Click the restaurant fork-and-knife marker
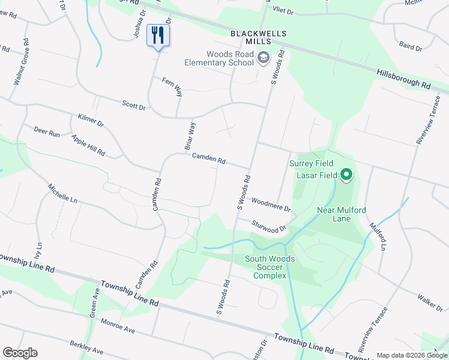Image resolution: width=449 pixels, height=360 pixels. click(x=158, y=35)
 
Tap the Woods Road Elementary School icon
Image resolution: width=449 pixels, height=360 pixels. click(x=263, y=58)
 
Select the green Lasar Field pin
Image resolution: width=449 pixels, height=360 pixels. click(x=346, y=175)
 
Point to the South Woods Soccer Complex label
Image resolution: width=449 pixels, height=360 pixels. click(x=270, y=267)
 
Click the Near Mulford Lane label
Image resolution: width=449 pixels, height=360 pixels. click(x=342, y=214)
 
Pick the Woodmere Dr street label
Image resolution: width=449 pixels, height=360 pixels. click(x=271, y=205)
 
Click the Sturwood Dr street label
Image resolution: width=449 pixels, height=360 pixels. click(x=269, y=226)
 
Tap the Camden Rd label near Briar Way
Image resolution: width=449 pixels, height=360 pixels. click(x=208, y=159)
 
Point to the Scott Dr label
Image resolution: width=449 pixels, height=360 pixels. click(x=134, y=106)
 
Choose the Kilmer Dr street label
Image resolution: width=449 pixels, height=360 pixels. click(x=91, y=120)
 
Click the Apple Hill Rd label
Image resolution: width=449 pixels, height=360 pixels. click(x=88, y=146)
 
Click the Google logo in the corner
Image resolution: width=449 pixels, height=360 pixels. click(x=20, y=353)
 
